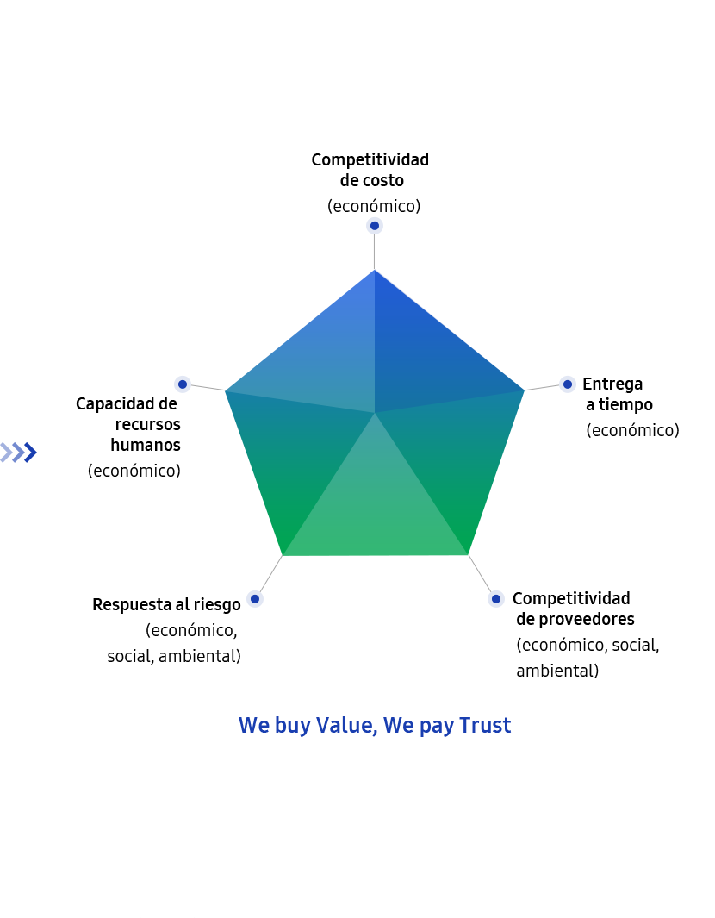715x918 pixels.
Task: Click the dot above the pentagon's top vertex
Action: click(x=375, y=225)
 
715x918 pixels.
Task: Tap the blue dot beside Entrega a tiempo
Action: click(x=567, y=384)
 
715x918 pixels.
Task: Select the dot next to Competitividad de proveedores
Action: click(x=495, y=598)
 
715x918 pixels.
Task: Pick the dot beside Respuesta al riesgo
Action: click(x=254, y=599)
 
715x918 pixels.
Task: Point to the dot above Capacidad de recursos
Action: click(x=183, y=384)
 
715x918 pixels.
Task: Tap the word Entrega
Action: click(x=612, y=384)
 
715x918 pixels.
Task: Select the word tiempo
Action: click(x=625, y=404)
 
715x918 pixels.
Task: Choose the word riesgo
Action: click(x=217, y=605)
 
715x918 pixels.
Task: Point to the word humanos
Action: click(x=146, y=445)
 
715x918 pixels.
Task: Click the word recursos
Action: click(x=148, y=424)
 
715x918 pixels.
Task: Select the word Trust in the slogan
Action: click(x=485, y=726)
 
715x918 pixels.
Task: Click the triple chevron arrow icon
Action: click(x=19, y=453)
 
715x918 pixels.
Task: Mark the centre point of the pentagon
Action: click(x=375, y=413)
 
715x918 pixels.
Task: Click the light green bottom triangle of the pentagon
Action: click(x=375, y=509)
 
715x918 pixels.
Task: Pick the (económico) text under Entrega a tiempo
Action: click(x=632, y=430)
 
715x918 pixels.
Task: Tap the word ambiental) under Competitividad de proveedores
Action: click(x=557, y=671)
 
